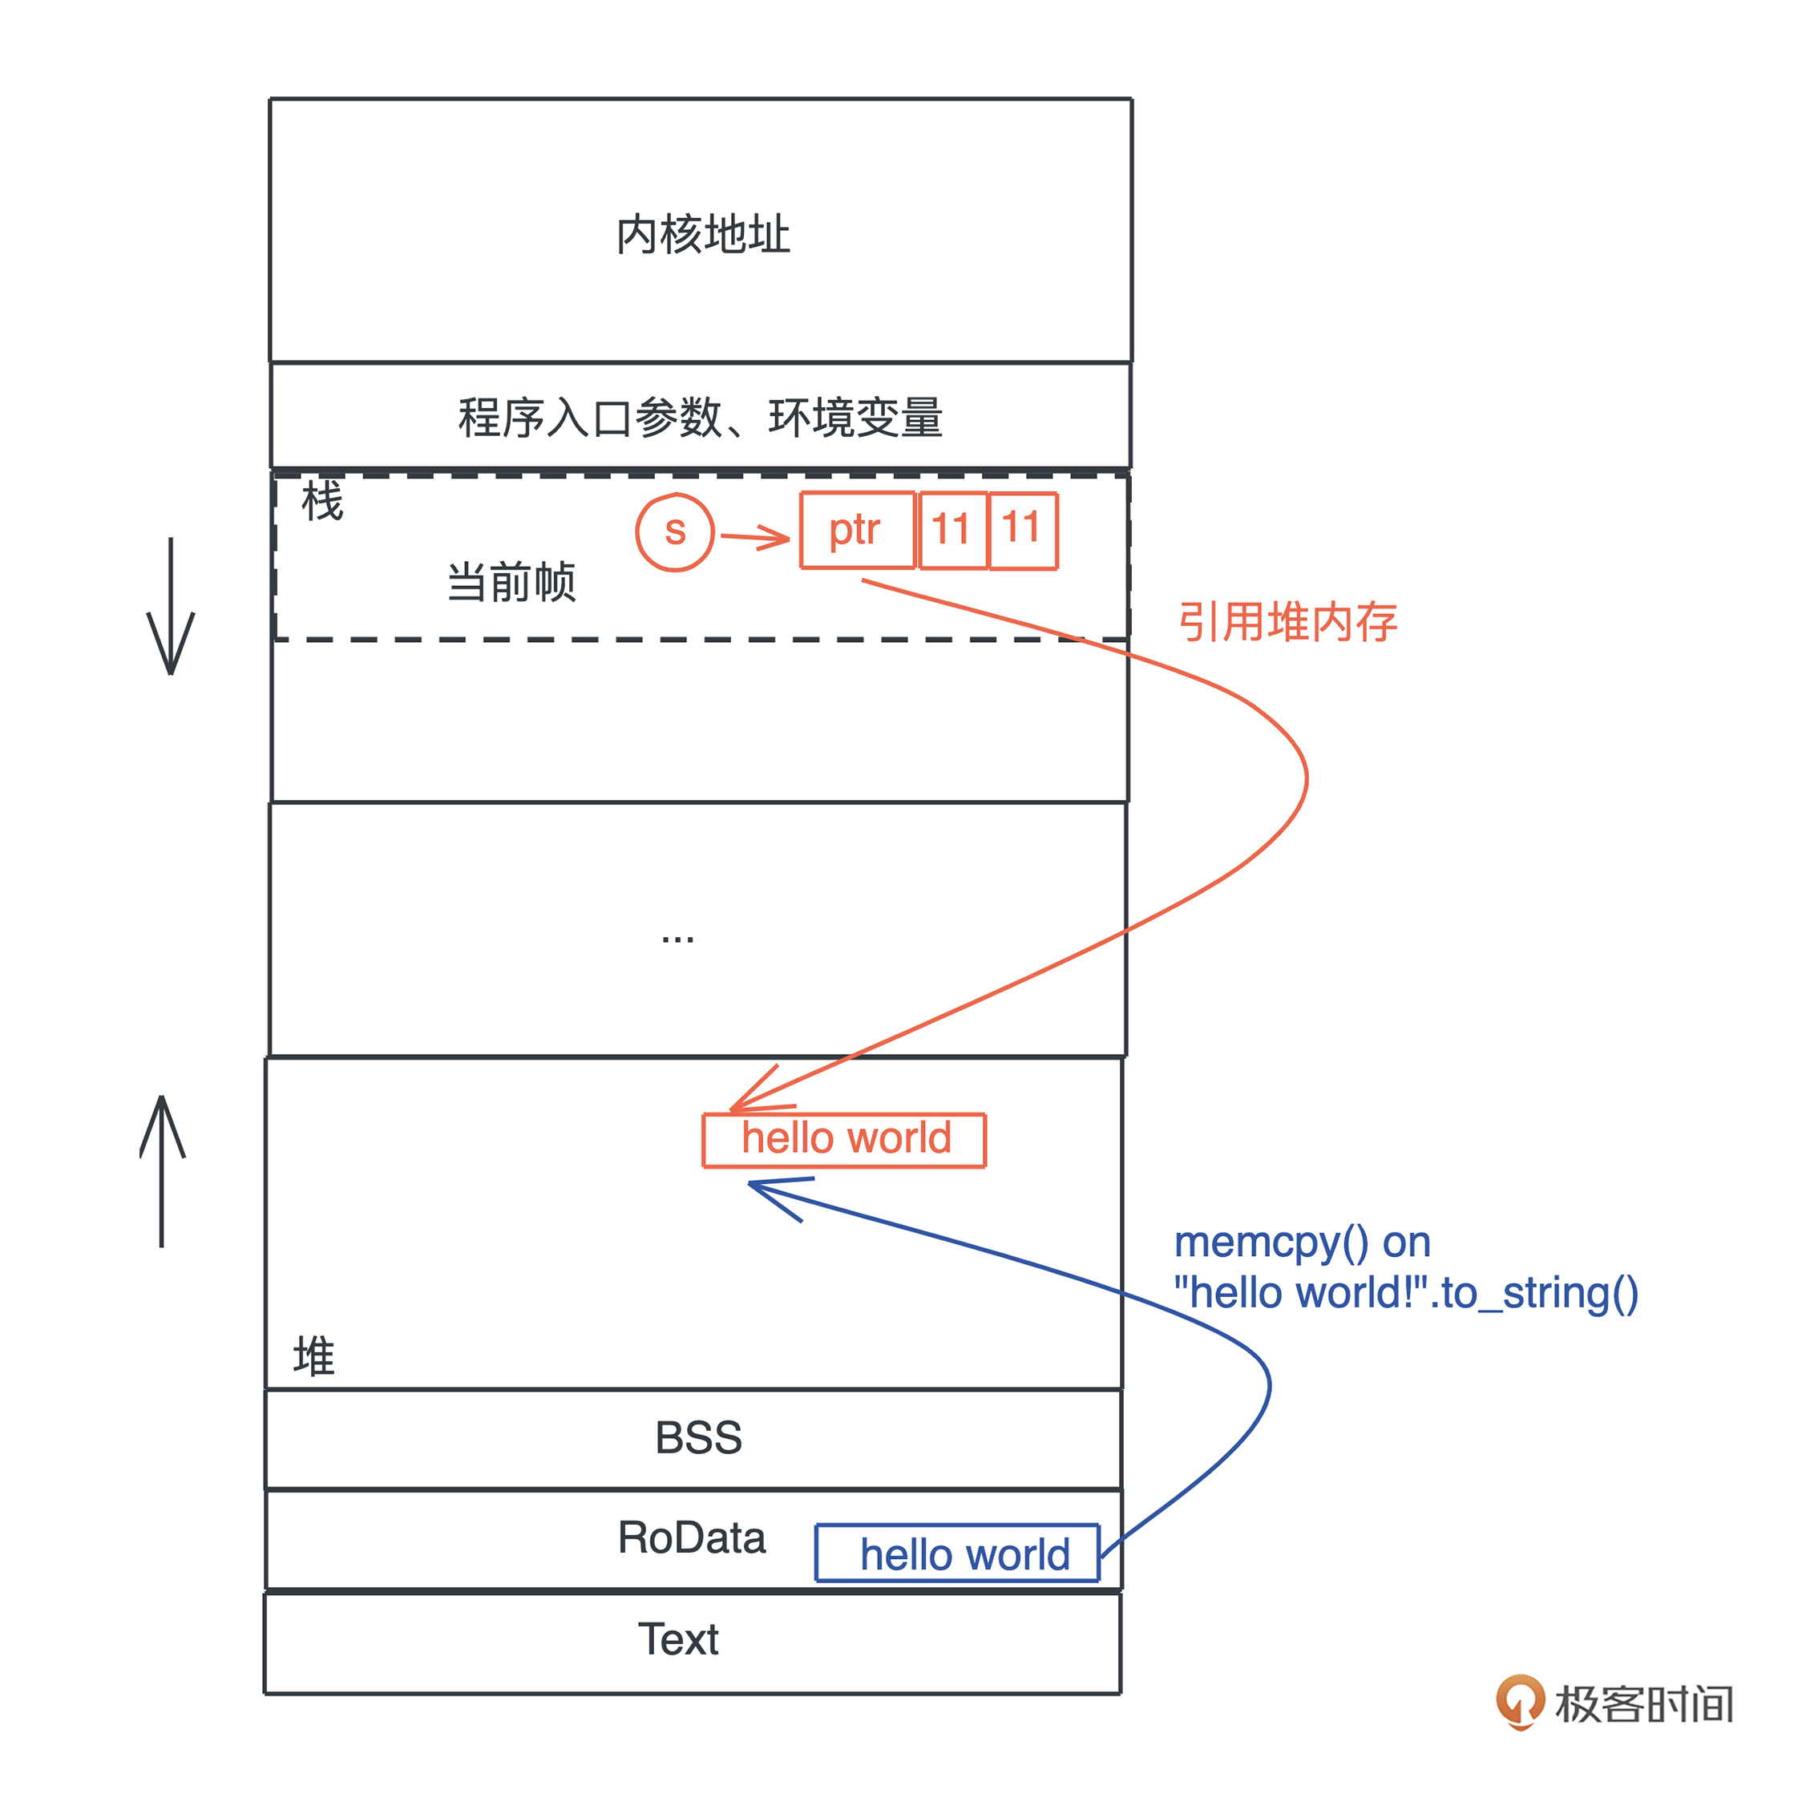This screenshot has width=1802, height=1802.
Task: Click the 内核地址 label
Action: (x=702, y=234)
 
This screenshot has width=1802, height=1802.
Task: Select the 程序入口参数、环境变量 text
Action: (x=700, y=418)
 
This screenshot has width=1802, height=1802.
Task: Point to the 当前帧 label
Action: (x=511, y=582)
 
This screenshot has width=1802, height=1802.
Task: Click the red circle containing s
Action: (x=674, y=531)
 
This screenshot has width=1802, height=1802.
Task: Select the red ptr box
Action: (x=856, y=531)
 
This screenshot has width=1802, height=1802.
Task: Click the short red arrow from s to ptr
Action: (x=755, y=537)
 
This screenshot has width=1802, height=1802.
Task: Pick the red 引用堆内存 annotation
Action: (x=1287, y=622)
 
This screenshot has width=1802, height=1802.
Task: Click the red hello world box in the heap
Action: (x=844, y=1139)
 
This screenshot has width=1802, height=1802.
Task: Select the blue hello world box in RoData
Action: (x=958, y=1554)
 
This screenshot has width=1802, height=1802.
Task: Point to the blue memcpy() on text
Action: (x=1301, y=1242)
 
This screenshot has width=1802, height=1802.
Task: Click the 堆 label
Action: (x=313, y=1356)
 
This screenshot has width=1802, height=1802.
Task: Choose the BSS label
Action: (x=699, y=1437)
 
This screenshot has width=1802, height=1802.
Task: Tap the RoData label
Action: (x=691, y=1537)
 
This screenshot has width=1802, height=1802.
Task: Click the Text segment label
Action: (x=678, y=1638)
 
